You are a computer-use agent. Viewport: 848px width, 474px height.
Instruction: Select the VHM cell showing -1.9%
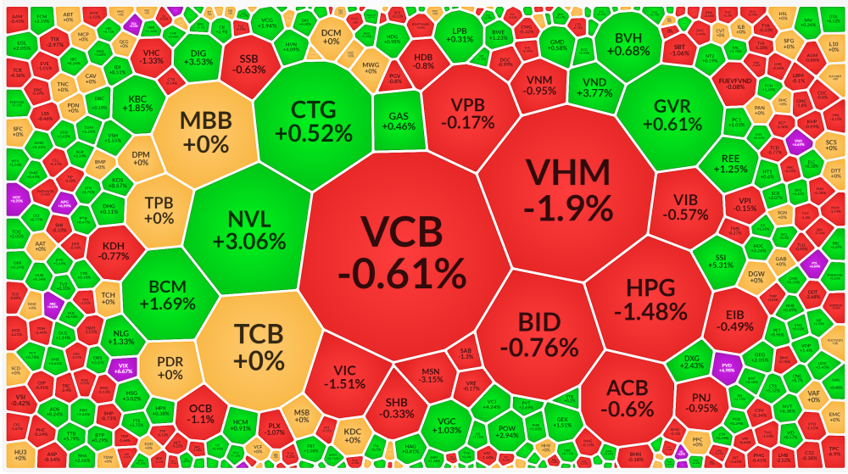568,188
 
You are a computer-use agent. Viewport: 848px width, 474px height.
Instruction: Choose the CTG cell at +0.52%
314,121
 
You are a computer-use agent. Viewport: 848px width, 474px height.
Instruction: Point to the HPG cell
650,299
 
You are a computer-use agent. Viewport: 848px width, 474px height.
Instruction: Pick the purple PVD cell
726,365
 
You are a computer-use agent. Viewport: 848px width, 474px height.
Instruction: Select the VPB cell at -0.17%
472,113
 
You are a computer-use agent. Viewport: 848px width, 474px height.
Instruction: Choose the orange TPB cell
159,209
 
